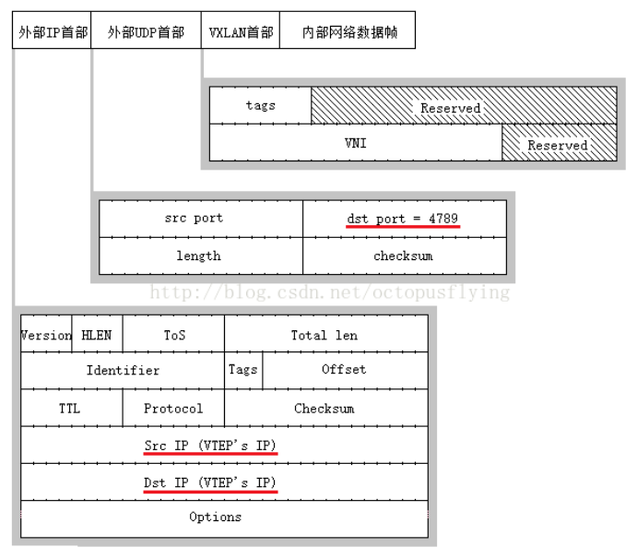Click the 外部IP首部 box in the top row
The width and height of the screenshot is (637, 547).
tap(53, 31)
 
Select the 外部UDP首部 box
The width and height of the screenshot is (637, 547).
tap(146, 31)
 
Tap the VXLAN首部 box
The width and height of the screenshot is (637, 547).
tap(241, 31)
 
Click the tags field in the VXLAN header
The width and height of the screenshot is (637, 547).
tap(260, 106)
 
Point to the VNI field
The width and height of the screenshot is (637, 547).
tap(355, 143)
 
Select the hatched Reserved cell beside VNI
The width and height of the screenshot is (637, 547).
tap(559, 144)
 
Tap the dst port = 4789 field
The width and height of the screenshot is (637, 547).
tap(403, 219)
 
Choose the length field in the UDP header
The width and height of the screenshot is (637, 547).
tap(200, 256)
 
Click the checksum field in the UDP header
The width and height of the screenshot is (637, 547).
tap(403, 256)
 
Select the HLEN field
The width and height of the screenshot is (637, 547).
tap(97, 335)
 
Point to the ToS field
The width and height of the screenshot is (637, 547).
tap(174, 335)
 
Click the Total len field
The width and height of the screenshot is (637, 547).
tap(324, 335)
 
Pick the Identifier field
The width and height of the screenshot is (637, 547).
tap(123, 370)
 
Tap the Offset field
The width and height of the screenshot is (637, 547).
tap(344, 370)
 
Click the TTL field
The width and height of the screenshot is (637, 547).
tap(70, 408)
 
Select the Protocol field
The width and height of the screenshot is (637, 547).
tap(173, 408)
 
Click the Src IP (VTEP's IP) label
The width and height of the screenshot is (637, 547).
tap(210, 446)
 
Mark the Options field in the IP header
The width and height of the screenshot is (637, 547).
tap(215, 517)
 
